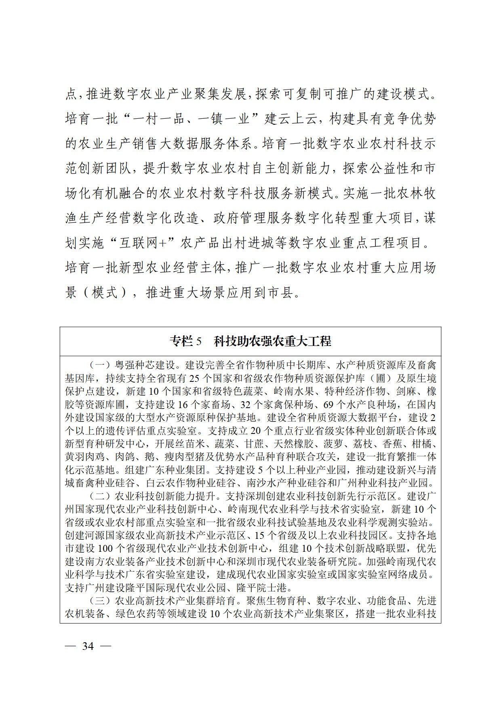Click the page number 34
coord(88,646)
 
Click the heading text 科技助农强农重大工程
coord(272,341)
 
